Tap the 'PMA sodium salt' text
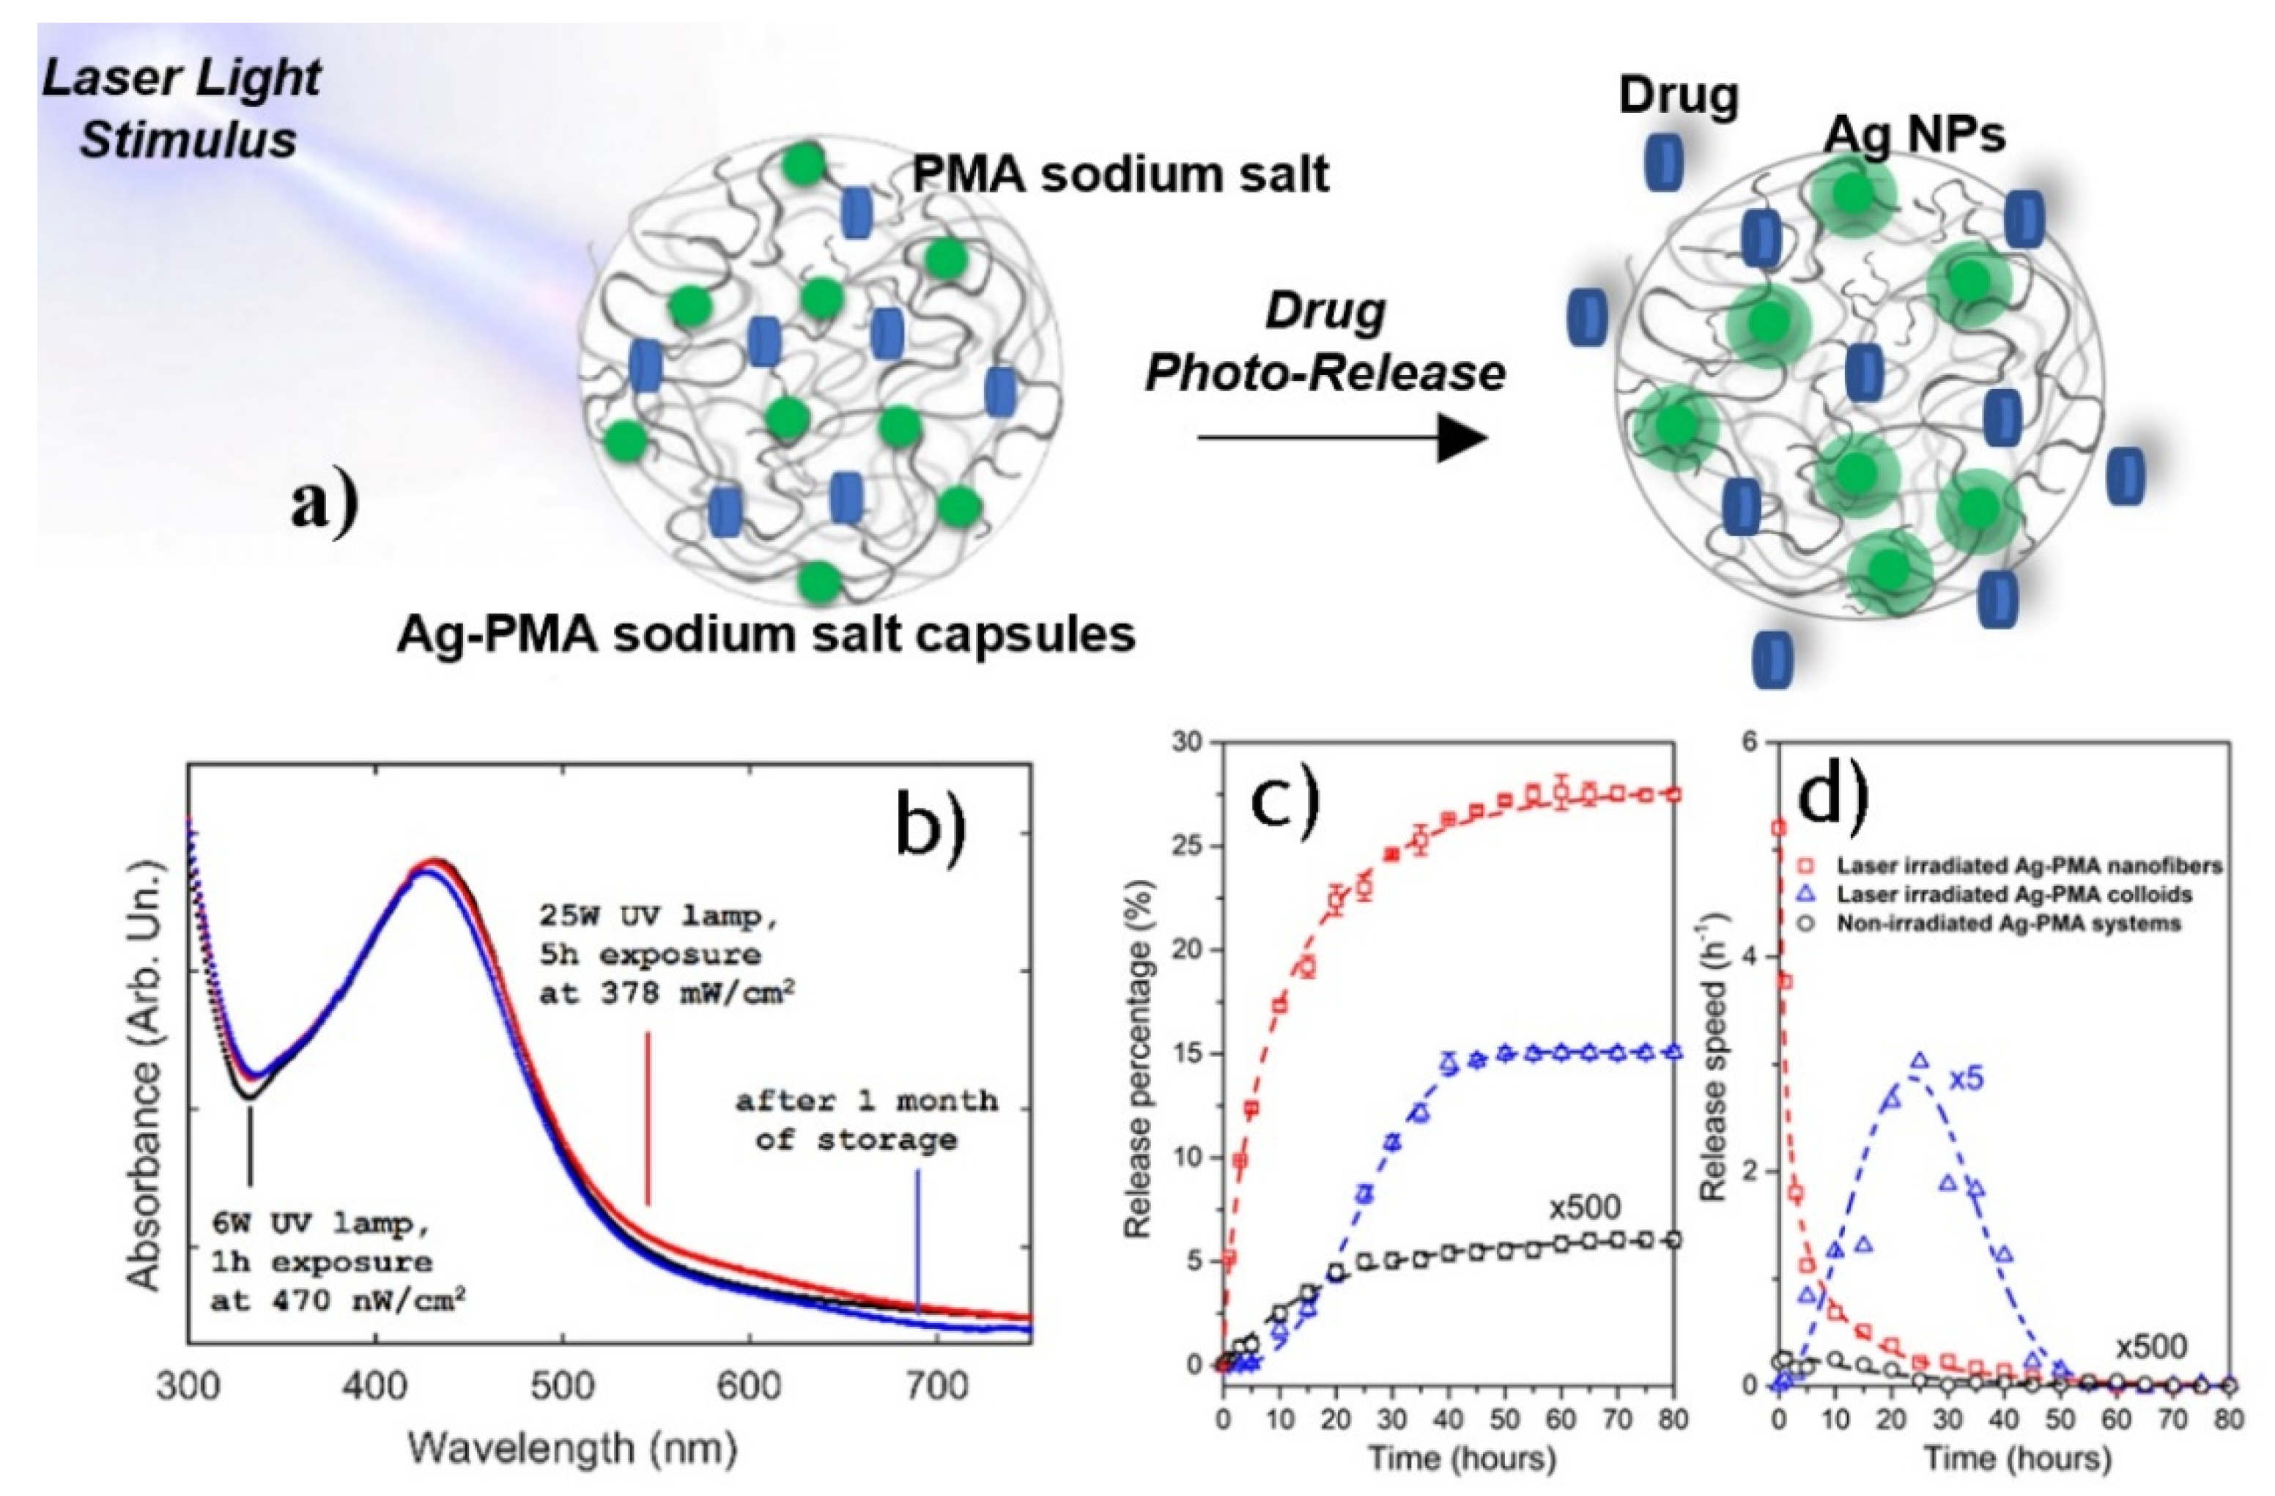(1120, 175)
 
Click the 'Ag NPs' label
(1914, 136)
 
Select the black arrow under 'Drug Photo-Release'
(1342, 439)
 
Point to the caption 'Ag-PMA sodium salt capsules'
(766, 634)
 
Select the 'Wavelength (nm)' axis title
(574, 1448)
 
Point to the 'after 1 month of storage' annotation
(867, 1120)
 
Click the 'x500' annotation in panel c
(1586, 1208)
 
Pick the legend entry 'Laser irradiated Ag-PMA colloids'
(2002, 895)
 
